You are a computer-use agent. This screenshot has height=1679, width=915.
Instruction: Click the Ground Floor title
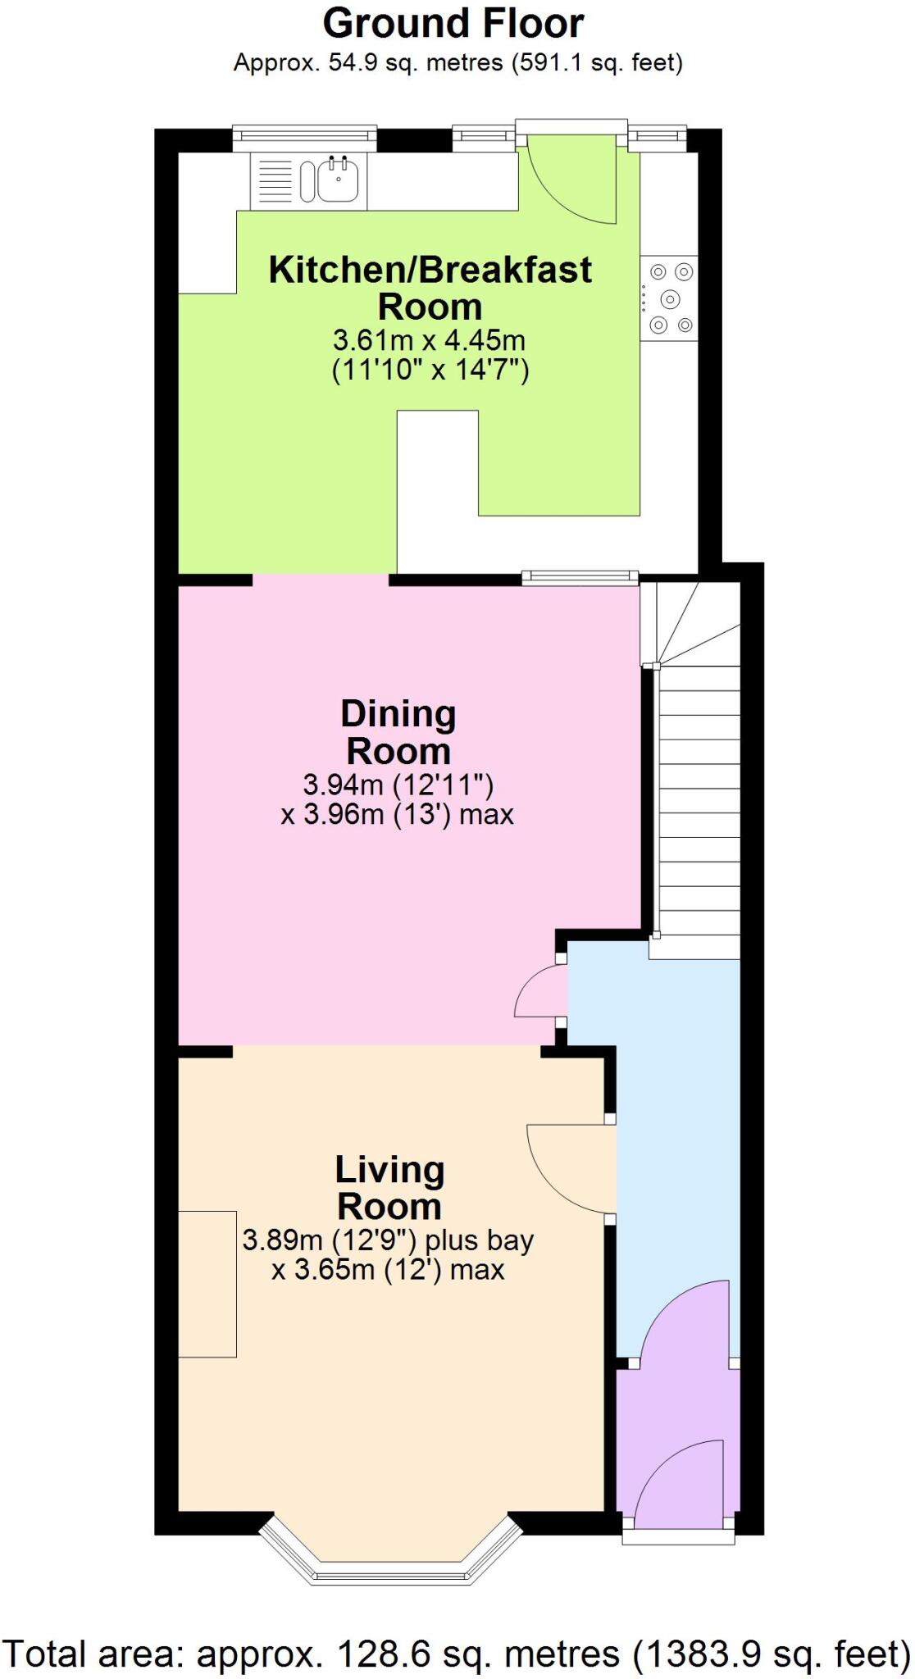[x=453, y=24]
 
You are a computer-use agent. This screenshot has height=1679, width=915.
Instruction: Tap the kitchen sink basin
[x=337, y=180]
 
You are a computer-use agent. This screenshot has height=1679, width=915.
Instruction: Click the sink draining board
[x=275, y=180]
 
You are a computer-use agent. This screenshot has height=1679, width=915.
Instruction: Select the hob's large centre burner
[x=671, y=298]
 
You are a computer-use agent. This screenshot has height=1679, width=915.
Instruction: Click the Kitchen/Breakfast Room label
[x=430, y=288]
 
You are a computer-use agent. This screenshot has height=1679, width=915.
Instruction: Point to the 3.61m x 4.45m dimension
[x=429, y=339]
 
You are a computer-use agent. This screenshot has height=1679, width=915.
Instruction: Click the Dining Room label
[x=398, y=732]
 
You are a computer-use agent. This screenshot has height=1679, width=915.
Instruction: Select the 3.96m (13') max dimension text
[x=398, y=814]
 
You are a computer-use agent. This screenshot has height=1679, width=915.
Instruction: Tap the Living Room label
[x=389, y=1187]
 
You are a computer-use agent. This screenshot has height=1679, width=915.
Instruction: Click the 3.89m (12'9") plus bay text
[x=388, y=1240]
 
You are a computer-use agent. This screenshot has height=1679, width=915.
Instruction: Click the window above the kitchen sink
[x=304, y=139]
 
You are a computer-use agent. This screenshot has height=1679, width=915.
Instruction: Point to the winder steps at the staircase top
[x=690, y=623]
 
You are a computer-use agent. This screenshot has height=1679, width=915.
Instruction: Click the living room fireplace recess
[x=207, y=1284]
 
